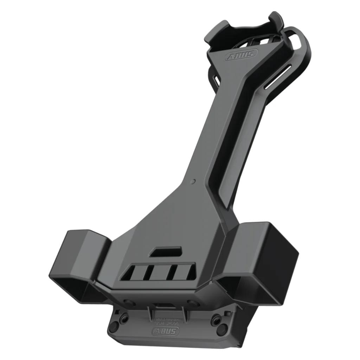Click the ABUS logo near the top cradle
[x=241, y=56]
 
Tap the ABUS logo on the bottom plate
[x=165, y=331]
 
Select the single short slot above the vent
[x=166, y=252]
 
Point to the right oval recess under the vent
[x=193, y=302]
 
